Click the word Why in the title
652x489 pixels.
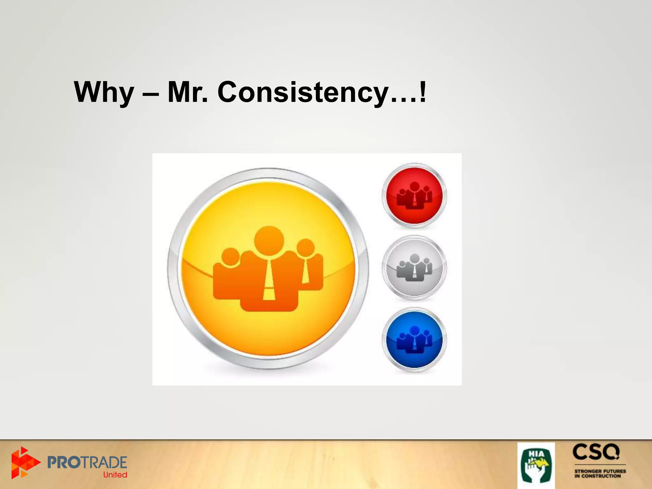(x=104, y=92)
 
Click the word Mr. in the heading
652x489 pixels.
(x=188, y=92)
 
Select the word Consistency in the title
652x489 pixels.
(x=303, y=92)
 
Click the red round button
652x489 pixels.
(x=414, y=195)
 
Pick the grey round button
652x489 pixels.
(x=414, y=268)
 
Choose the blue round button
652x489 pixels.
(x=414, y=340)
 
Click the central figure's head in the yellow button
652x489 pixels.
(x=269, y=241)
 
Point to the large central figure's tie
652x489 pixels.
(x=269, y=280)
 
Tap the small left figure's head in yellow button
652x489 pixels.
(x=230, y=257)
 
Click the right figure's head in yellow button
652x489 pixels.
(x=306, y=247)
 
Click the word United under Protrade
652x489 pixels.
(x=115, y=475)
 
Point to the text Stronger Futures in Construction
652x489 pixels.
(x=600, y=473)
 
